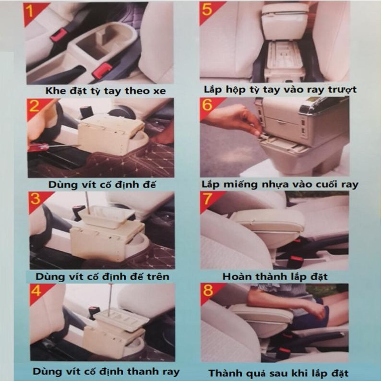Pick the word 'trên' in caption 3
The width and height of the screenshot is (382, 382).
(x=158, y=277)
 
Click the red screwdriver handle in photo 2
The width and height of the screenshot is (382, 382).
(x=40, y=147)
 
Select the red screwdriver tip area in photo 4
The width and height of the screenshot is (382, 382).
(x=111, y=286)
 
